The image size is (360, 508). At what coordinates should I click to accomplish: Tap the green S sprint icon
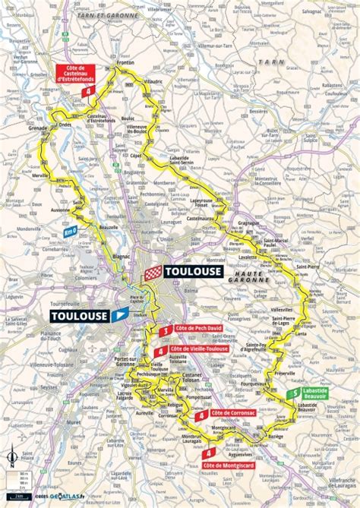(x=293, y=393)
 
